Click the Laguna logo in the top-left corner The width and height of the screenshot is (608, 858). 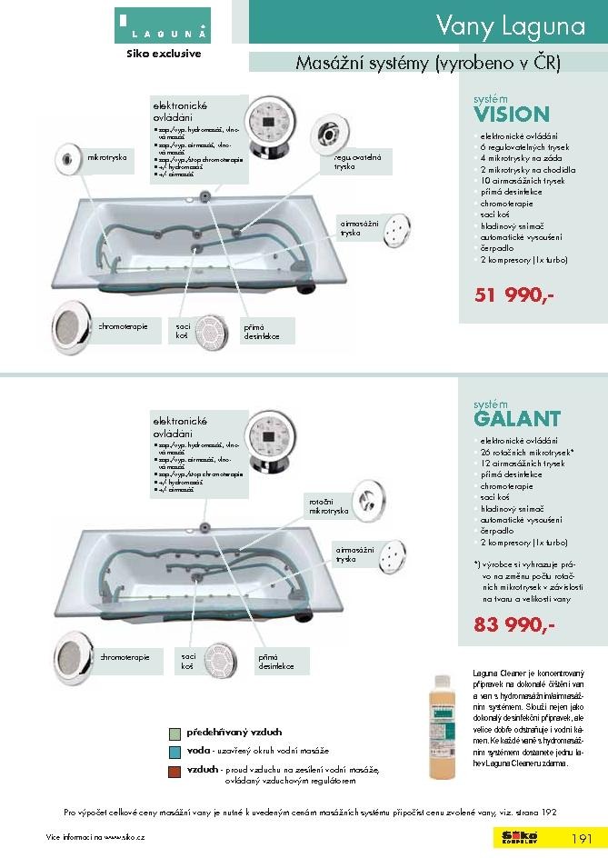(163, 25)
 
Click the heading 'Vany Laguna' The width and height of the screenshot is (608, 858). (510, 26)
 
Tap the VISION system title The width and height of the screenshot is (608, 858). (512, 115)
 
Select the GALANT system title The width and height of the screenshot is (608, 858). (517, 419)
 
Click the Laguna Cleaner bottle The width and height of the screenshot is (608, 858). (443, 726)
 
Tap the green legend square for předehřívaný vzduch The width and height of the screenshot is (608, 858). (174, 733)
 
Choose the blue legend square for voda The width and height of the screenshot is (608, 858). (174, 752)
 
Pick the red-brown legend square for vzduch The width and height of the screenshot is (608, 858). (174, 771)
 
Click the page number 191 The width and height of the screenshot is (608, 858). (582, 838)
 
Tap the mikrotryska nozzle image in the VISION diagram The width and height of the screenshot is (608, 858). (68, 157)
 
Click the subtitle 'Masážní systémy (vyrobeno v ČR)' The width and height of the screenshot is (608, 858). (428, 64)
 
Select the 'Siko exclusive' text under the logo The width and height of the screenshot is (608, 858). (163, 53)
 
